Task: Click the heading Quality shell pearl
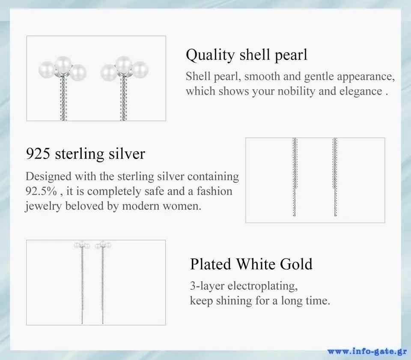click(247, 55)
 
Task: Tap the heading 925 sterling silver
click(86, 154)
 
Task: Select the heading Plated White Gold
click(251, 264)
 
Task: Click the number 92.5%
click(41, 191)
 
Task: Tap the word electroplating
click(262, 286)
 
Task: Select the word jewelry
click(44, 206)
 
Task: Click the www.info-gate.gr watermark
click(366, 351)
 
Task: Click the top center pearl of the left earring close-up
click(63, 65)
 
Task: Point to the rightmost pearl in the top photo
click(140, 70)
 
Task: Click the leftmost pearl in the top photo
click(47, 70)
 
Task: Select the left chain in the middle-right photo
click(295, 177)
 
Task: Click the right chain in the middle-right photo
click(335, 177)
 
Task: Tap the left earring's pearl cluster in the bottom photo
click(82, 245)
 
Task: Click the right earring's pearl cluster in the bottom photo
click(103, 245)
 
